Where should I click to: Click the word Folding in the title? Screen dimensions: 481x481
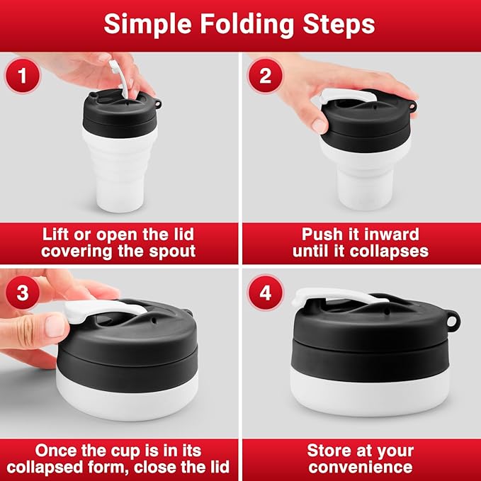pyautogui.click(x=247, y=26)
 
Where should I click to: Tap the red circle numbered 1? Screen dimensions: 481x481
pyautogui.click(x=23, y=76)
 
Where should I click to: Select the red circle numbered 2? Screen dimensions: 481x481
pyautogui.click(x=265, y=76)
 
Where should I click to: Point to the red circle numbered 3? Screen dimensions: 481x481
pyautogui.click(x=23, y=293)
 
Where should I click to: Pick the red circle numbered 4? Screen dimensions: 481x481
pyautogui.click(x=265, y=293)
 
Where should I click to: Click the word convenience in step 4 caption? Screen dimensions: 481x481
pyautogui.click(x=361, y=468)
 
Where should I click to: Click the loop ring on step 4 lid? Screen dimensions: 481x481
pyautogui.click(x=452, y=321)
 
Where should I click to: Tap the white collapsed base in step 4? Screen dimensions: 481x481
pyautogui.click(x=370, y=392)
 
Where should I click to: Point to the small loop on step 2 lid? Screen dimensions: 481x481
pyautogui.click(x=412, y=106)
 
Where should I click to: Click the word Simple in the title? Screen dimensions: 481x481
pyautogui.click(x=148, y=26)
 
